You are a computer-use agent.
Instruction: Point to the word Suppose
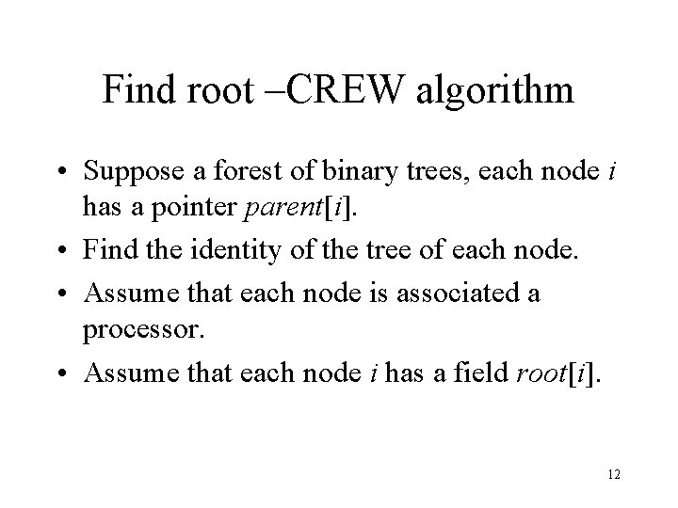(x=129, y=171)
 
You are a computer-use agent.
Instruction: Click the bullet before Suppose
(x=68, y=173)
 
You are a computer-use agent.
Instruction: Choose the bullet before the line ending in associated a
(x=68, y=293)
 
